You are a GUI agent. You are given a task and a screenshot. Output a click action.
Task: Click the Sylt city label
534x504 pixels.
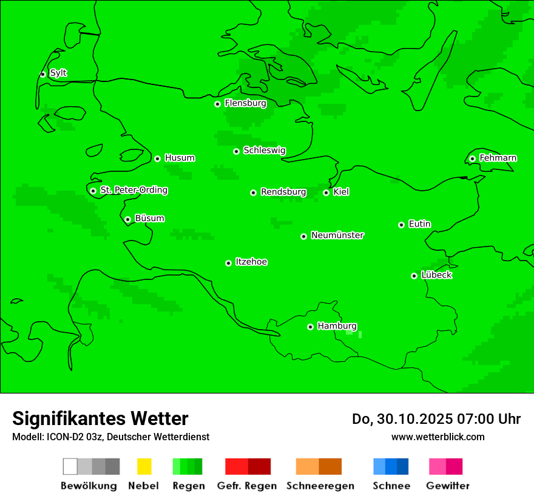tap(58, 73)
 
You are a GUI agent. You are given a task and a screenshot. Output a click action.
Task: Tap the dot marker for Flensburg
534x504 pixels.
tap(217, 104)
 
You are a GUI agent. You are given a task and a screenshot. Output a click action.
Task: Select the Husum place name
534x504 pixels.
tap(180, 158)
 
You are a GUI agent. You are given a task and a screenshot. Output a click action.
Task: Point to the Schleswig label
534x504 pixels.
tap(264, 150)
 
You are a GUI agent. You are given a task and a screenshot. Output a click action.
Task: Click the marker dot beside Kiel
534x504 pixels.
tap(326, 192)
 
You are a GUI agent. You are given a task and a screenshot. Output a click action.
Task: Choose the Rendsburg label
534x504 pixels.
tap(283, 192)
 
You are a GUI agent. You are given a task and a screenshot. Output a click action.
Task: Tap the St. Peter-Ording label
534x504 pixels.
tap(133, 190)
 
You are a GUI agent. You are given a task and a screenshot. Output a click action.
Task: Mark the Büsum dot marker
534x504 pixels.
tap(127, 219)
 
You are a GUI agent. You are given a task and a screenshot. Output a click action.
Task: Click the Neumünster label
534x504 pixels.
tap(337, 235)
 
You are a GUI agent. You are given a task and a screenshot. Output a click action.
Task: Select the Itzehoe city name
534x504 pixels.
tap(251, 262)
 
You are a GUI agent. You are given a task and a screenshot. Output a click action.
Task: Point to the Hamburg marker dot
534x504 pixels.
tap(310, 327)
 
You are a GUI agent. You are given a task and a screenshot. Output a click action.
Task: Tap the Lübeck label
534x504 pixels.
tap(436, 275)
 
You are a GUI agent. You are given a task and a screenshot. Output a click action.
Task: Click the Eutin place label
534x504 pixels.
tap(419, 224)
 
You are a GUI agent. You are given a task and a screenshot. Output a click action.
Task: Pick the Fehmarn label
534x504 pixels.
tap(498, 158)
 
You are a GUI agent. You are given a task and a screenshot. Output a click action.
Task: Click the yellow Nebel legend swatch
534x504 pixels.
tap(144, 466)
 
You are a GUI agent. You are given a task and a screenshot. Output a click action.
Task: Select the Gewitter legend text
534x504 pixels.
tap(448, 486)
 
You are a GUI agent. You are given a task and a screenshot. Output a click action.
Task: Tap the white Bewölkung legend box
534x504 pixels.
tap(70, 466)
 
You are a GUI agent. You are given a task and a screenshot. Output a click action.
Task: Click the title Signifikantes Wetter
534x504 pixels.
tap(100, 418)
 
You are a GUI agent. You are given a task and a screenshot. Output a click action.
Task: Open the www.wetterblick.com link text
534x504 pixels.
tap(438, 437)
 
